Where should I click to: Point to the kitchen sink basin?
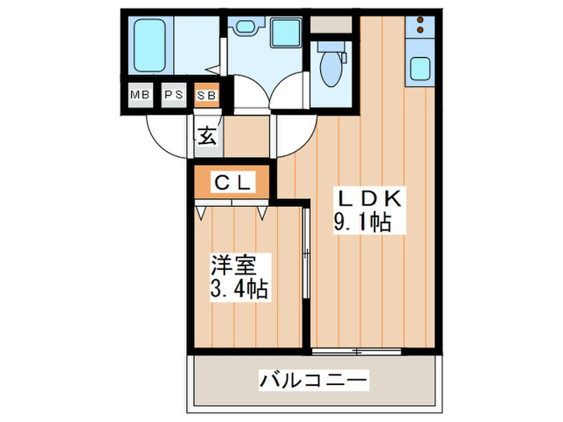click(x=421, y=69)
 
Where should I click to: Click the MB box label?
click(x=141, y=95)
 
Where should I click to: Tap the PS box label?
click(x=174, y=95)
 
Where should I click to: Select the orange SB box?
click(x=206, y=95)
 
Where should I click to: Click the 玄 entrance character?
click(x=207, y=135)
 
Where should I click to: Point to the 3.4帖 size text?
click(x=240, y=287)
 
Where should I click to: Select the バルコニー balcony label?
click(x=313, y=379)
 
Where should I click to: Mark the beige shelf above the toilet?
click(x=331, y=23)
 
